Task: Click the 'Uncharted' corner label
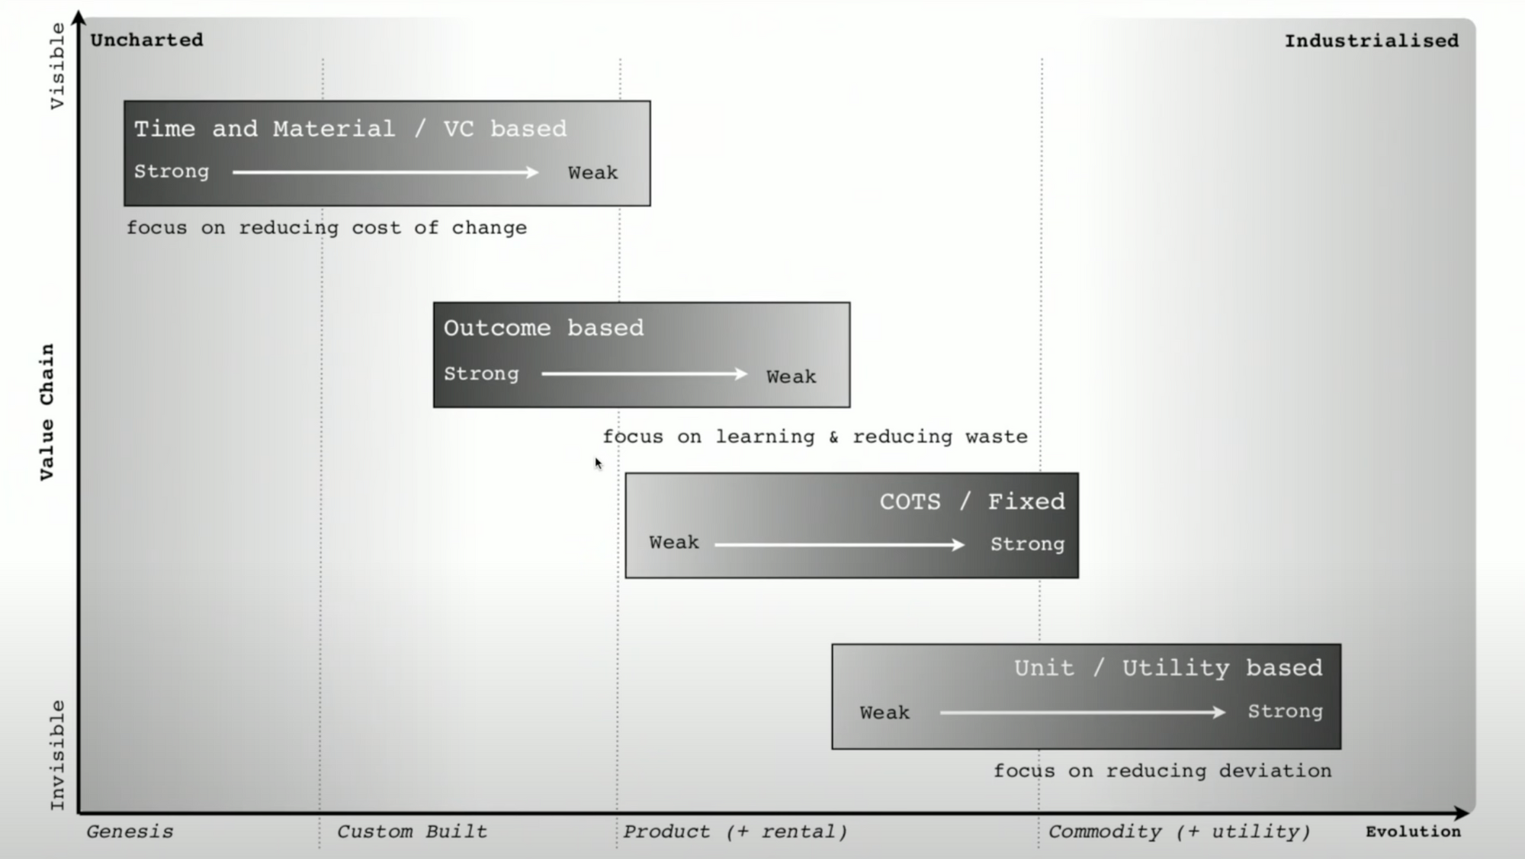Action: point(146,40)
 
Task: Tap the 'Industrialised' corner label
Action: point(1371,40)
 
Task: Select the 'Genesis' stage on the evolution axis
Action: point(130,832)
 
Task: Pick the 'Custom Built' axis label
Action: point(412,832)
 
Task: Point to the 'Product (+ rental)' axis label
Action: point(735,832)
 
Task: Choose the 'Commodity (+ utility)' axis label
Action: point(1179,832)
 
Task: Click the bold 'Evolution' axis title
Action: point(1413,832)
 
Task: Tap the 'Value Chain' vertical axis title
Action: point(47,412)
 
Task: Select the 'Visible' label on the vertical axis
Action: point(57,66)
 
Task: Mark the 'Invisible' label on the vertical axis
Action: point(57,755)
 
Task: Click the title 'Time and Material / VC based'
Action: point(351,129)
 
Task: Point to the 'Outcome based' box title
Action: point(544,328)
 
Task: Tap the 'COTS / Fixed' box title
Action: point(972,502)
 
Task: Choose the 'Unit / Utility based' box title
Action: point(1167,668)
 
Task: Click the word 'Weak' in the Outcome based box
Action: point(791,377)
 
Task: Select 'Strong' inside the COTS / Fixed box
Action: point(1027,544)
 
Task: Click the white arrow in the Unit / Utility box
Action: point(1082,713)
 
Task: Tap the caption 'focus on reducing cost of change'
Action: point(326,228)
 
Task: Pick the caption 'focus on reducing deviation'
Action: point(1162,771)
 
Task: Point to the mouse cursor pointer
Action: point(599,463)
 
